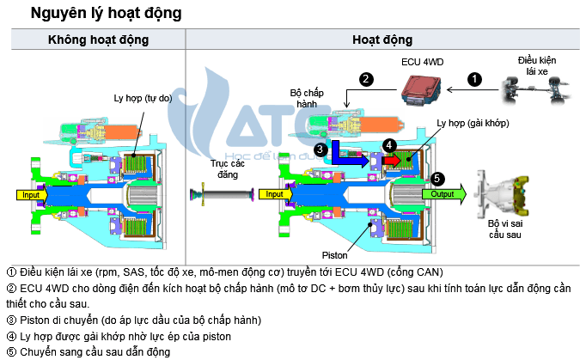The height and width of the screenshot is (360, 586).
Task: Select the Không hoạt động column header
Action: pyautogui.click(x=98, y=40)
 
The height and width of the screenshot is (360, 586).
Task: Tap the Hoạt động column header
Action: pyautogui.click(x=382, y=40)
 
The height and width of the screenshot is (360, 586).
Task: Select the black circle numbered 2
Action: pyautogui.click(x=366, y=79)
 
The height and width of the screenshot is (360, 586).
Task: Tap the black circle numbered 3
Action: pyautogui.click(x=320, y=149)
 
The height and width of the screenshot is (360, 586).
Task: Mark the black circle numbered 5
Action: pyautogui.click(x=437, y=178)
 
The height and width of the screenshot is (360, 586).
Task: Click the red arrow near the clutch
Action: pyautogui.click(x=392, y=160)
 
